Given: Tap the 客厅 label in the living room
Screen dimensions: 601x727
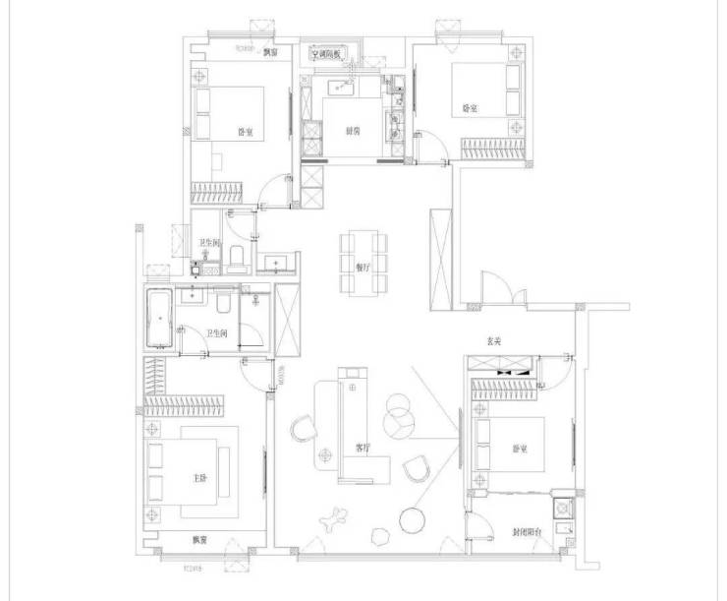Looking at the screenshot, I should pyautogui.click(x=363, y=448).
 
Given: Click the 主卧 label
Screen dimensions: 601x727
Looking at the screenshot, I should pyautogui.click(x=200, y=479).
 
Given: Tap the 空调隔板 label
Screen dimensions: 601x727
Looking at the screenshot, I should pyautogui.click(x=324, y=55).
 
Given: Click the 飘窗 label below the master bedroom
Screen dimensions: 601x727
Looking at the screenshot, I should pyautogui.click(x=199, y=539).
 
